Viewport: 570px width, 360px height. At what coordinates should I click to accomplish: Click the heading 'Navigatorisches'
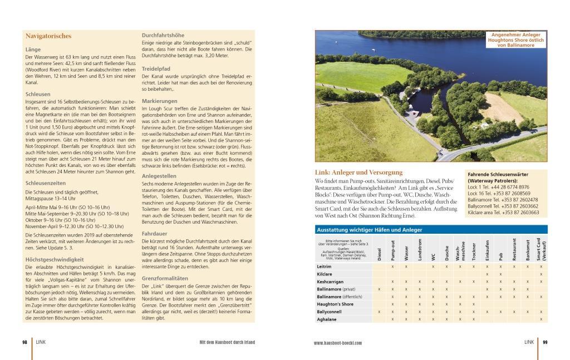[48, 36]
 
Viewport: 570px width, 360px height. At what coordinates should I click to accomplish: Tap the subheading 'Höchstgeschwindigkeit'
[55, 259]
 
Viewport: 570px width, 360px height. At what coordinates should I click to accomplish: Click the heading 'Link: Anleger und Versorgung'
[358, 172]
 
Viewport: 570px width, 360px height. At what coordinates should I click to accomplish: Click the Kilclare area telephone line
[503, 213]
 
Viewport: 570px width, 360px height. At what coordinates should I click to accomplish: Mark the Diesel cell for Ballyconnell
[380, 312]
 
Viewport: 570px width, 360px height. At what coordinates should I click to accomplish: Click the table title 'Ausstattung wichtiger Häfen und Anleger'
[369, 229]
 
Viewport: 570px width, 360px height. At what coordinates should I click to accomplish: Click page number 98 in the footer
[25, 342]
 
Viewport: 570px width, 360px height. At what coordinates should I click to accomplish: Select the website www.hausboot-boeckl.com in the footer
[338, 343]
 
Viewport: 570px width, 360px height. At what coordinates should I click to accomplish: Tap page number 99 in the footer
[545, 342]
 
